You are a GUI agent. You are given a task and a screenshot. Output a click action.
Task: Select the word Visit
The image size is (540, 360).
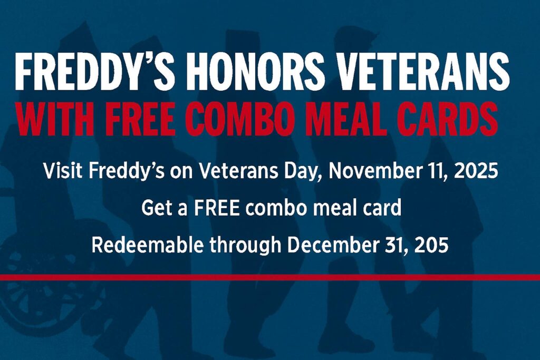click(60, 172)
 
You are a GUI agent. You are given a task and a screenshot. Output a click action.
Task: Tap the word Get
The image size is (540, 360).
click(154, 209)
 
